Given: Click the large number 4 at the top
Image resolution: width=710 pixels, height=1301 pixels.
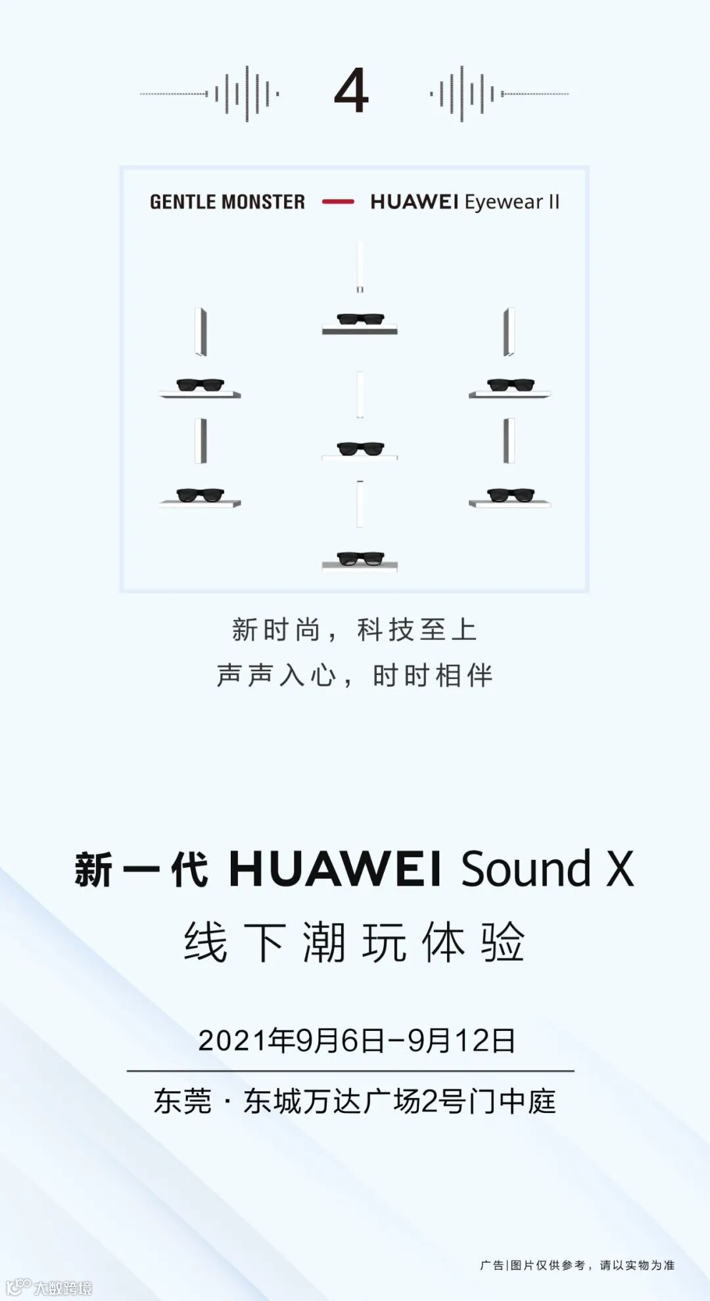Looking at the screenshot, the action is (351, 91).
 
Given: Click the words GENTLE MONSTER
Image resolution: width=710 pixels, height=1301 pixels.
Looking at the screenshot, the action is (227, 202).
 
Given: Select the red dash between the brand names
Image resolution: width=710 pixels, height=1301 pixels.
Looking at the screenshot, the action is (338, 202).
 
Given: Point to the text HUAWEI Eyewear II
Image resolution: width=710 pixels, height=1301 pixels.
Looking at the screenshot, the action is (465, 202).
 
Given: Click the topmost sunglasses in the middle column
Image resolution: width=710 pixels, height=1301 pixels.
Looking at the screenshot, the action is (360, 319).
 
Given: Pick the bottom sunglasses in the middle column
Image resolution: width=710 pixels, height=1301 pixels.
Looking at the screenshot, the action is (360, 558).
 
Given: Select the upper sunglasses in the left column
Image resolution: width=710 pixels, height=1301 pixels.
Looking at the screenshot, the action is (201, 385).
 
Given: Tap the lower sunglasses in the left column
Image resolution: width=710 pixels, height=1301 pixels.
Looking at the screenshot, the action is (201, 494).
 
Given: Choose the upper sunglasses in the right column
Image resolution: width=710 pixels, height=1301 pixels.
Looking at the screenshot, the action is (510, 385).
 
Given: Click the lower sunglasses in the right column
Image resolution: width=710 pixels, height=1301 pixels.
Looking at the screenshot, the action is (510, 494).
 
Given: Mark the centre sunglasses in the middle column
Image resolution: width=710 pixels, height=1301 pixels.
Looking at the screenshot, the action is (360, 448).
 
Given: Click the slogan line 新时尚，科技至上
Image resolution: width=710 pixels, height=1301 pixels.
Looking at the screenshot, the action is (354, 630).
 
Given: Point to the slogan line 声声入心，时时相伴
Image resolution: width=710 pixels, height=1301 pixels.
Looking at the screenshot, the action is (354, 675).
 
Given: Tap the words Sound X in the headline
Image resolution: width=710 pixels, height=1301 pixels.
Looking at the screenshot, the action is (547, 869).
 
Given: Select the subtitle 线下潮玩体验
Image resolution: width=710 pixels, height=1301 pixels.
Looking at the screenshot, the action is (354, 942).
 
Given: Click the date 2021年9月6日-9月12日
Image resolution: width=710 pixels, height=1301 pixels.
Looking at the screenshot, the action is (356, 1040).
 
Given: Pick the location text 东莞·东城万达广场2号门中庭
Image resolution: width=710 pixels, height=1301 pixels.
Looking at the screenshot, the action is (354, 1102).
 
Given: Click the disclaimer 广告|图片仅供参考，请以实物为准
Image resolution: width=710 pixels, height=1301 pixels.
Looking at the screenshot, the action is (577, 1265).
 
